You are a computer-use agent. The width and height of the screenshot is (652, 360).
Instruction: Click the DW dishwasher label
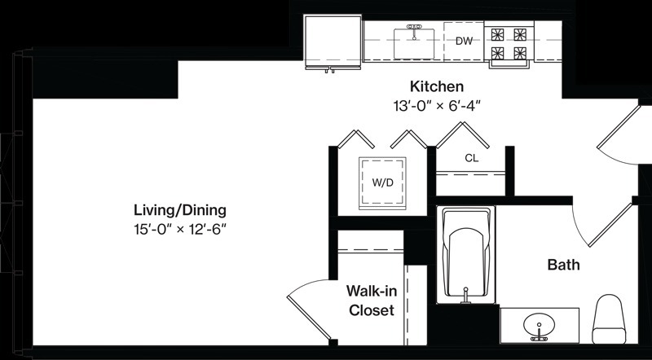point(464,42)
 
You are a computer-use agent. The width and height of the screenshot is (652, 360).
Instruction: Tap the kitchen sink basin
point(414,44)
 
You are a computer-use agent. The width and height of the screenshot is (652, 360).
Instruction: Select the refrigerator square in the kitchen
point(333,42)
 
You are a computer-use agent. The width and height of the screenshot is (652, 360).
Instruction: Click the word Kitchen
point(437,86)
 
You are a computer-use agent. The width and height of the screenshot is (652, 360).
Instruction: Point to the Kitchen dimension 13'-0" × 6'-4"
point(437,106)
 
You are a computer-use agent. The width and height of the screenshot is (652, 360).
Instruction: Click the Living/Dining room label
point(180,210)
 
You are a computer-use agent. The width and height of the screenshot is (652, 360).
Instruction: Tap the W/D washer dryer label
point(382,183)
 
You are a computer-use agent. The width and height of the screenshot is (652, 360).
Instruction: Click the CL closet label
point(472,158)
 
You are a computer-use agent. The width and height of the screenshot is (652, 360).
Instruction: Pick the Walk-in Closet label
point(372,301)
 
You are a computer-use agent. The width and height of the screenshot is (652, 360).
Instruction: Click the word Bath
point(563,265)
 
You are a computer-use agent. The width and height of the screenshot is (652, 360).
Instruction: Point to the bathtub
point(466,255)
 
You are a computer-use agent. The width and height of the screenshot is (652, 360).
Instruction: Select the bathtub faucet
point(465,295)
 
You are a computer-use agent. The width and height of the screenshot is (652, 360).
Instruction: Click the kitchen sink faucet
point(414,31)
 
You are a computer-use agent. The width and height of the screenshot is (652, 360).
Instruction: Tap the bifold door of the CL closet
point(462,134)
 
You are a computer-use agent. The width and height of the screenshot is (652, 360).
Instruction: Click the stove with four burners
point(509,44)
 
